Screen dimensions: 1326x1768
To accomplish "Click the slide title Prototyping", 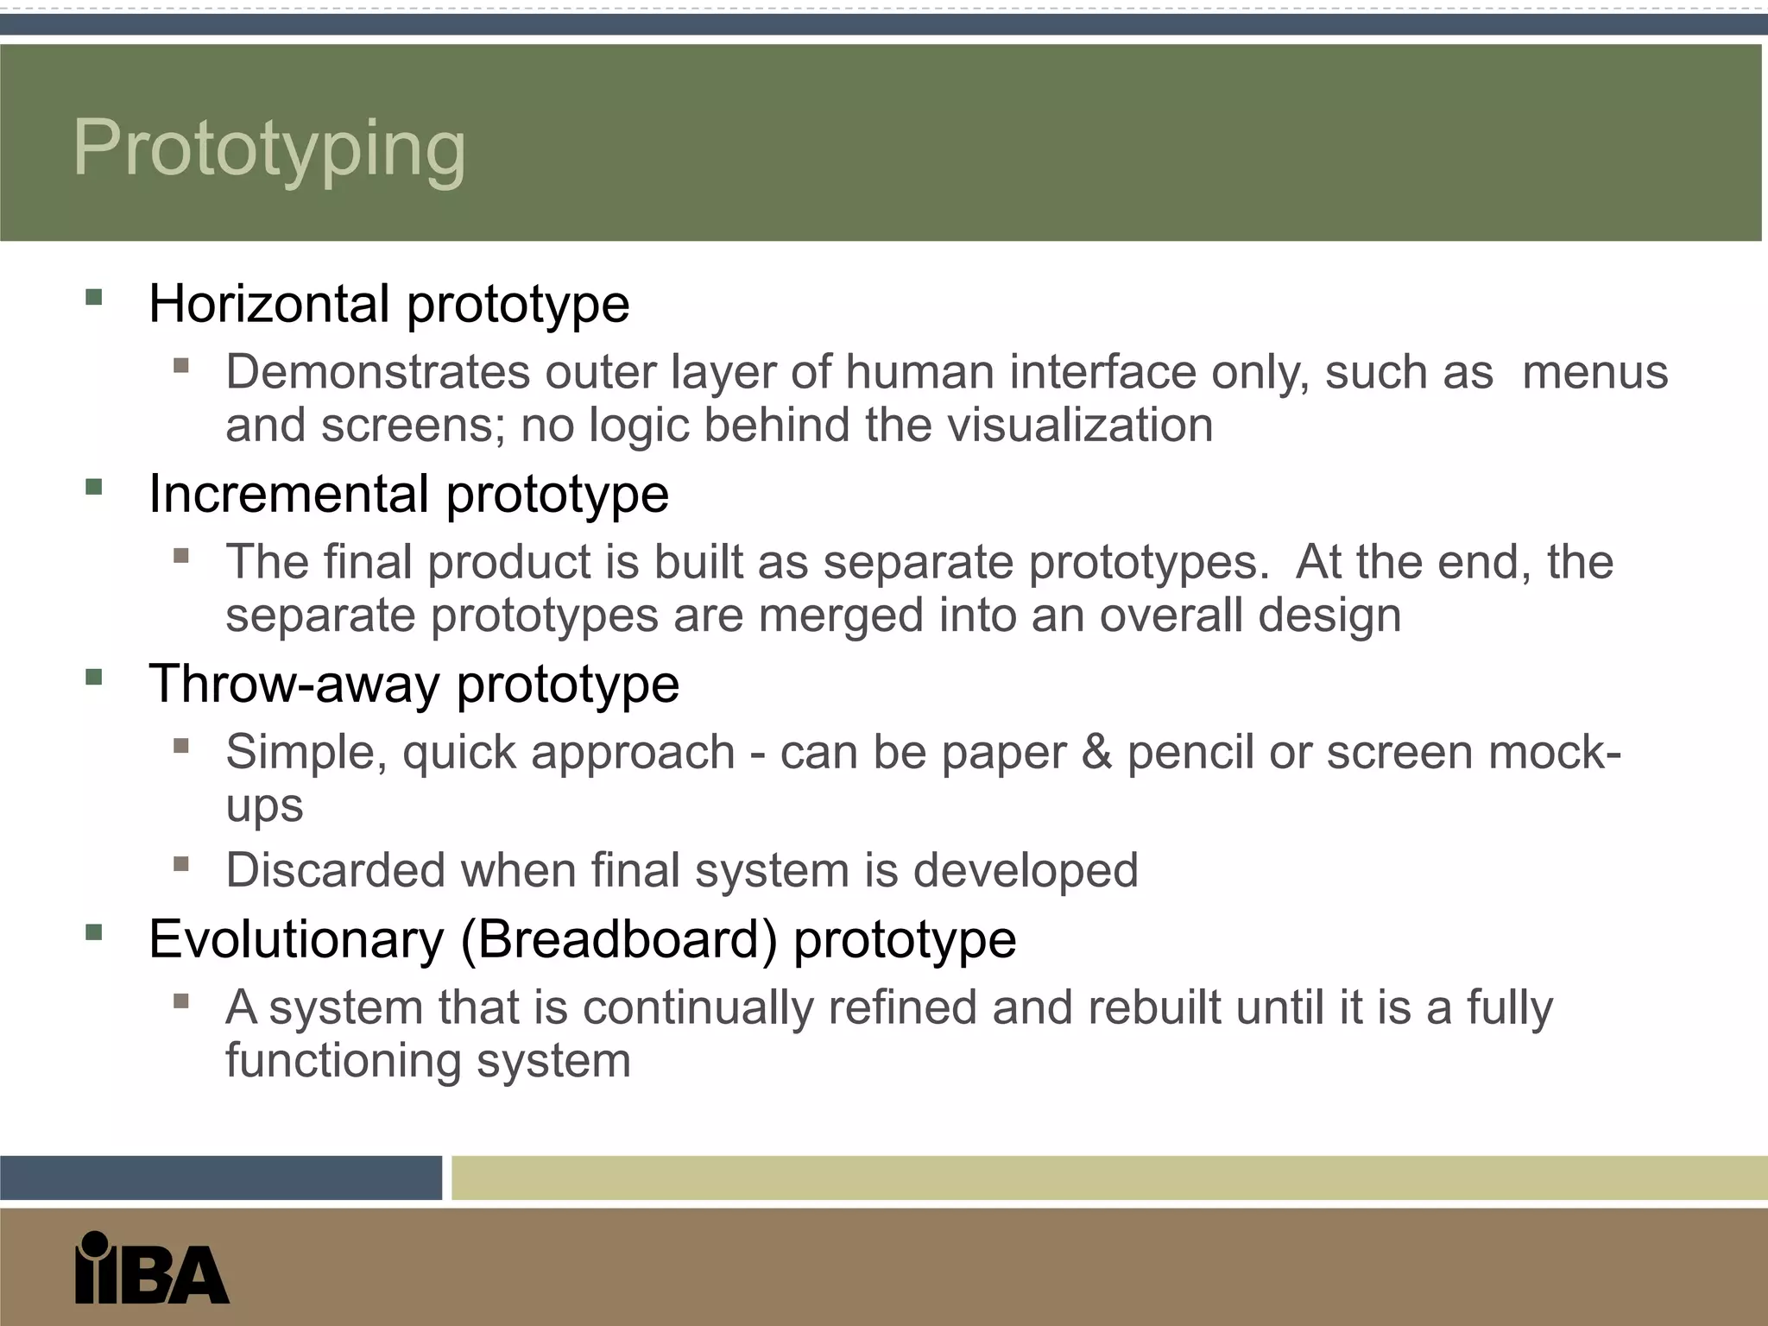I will click(x=269, y=148).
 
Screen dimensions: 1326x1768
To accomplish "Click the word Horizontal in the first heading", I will click(x=268, y=304).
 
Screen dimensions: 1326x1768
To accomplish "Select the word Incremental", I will click(x=288, y=494).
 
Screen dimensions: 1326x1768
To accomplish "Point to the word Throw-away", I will click(x=294, y=684).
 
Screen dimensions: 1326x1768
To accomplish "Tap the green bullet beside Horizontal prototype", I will click(x=94, y=298).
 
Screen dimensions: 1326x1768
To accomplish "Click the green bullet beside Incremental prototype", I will click(x=94, y=488).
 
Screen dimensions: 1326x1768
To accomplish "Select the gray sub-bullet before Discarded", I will click(x=180, y=864).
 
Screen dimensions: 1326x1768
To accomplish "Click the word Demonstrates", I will click(x=377, y=372).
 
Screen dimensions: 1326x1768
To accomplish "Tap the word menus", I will click(x=1594, y=372).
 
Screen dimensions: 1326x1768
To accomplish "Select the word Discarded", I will click(x=335, y=869).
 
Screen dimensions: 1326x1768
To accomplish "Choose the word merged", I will click(x=841, y=616).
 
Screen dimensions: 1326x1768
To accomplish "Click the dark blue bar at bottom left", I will click(x=221, y=1178).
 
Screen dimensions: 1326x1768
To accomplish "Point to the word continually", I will click(x=698, y=1007).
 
